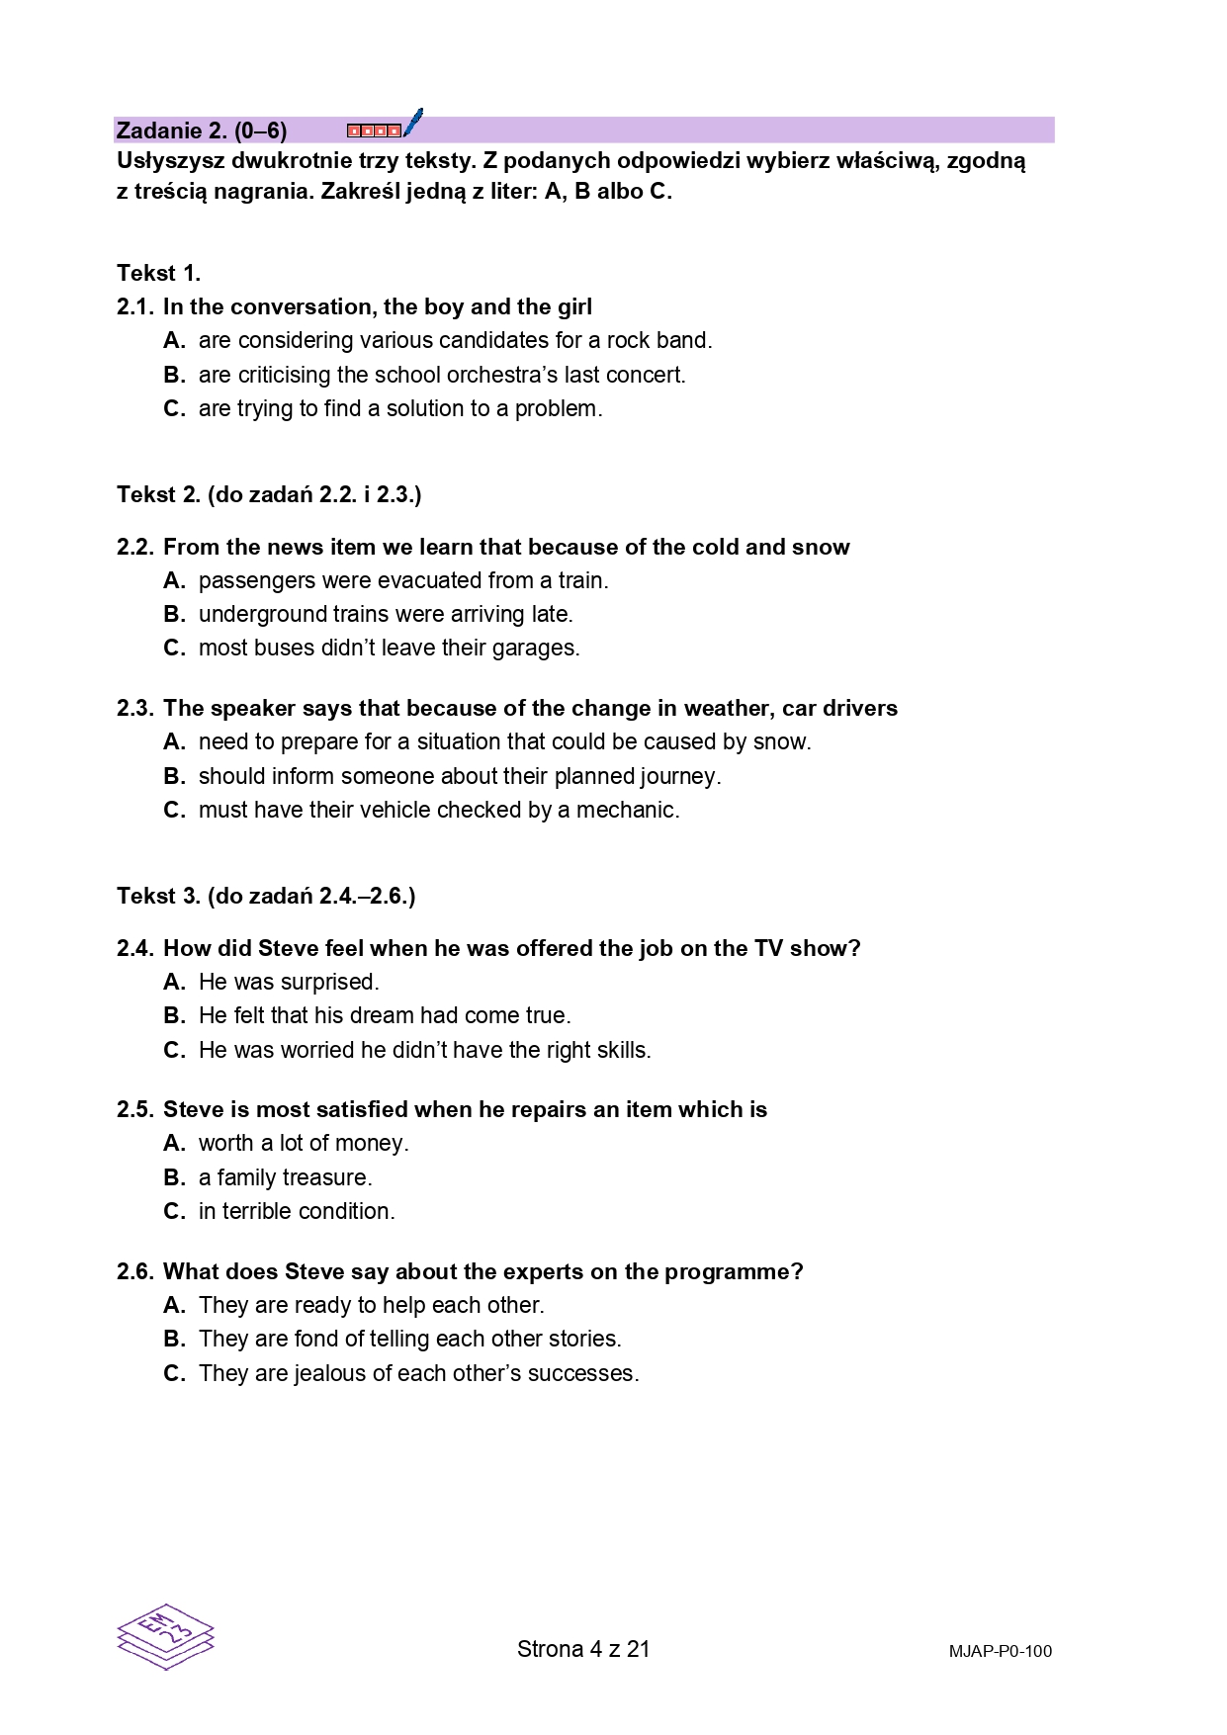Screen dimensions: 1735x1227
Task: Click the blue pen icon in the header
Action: [413, 123]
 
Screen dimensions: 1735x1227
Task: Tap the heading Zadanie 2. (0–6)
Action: [202, 130]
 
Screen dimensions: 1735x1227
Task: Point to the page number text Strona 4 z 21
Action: [583, 1649]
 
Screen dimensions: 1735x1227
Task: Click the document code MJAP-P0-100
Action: [1000, 1651]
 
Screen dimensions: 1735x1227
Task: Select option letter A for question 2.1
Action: [174, 341]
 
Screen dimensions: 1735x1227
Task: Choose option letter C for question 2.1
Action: [174, 409]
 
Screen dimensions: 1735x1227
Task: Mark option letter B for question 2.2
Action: [174, 615]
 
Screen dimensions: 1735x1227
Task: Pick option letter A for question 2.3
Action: [174, 742]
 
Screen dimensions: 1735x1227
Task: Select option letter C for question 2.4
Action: [174, 1051]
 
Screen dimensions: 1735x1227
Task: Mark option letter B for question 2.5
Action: [174, 1178]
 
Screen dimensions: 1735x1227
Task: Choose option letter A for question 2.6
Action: [174, 1306]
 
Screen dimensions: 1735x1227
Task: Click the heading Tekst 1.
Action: [158, 274]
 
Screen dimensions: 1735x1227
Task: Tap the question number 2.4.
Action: [134, 949]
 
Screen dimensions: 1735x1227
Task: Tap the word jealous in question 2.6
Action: [327, 1374]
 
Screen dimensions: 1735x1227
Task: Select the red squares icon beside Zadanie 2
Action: [374, 130]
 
